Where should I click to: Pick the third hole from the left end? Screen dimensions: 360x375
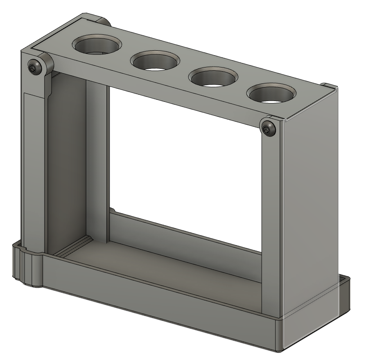[x=212, y=78]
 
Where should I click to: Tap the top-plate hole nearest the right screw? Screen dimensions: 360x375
[x=271, y=94]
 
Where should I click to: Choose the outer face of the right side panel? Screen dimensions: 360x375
[x=311, y=205]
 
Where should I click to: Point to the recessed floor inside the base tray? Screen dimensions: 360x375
[x=164, y=266]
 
